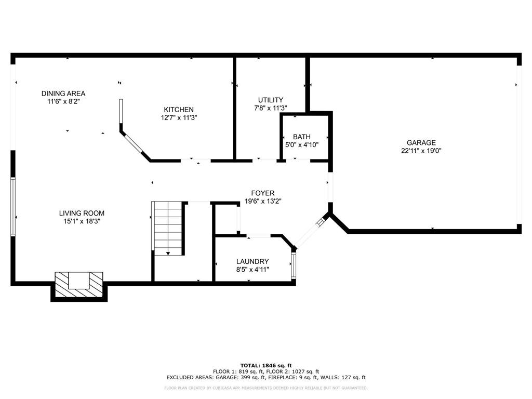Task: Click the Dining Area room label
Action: click(x=63, y=94)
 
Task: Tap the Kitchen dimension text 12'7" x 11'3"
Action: click(x=179, y=118)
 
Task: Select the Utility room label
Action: click(x=271, y=100)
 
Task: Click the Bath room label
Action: click(x=301, y=137)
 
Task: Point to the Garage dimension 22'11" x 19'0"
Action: click(x=421, y=151)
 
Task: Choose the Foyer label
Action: click(x=263, y=193)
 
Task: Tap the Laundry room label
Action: click(x=252, y=261)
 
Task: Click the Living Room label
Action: click(x=82, y=213)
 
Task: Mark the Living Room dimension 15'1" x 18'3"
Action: click(x=82, y=221)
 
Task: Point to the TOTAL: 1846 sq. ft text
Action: click(x=266, y=365)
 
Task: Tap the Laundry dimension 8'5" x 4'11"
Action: click(x=252, y=269)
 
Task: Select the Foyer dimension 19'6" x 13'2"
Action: click(x=263, y=201)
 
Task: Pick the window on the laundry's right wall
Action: click(x=294, y=265)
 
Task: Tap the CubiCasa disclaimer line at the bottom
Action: click(x=266, y=388)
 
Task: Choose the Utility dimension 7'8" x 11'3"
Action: click(x=271, y=108)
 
